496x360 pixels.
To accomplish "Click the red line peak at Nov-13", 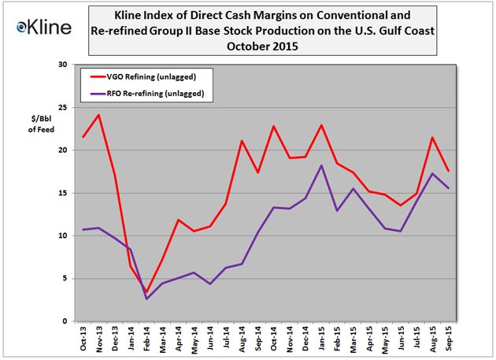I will (x=98, y=115).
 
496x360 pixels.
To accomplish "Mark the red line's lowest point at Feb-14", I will (x=146, y=292).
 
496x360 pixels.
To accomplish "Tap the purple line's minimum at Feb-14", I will (x=146, y=299).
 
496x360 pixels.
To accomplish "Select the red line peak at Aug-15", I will (x=432, y=138).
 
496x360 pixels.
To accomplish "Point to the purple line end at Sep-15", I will (x=449, y=188).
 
